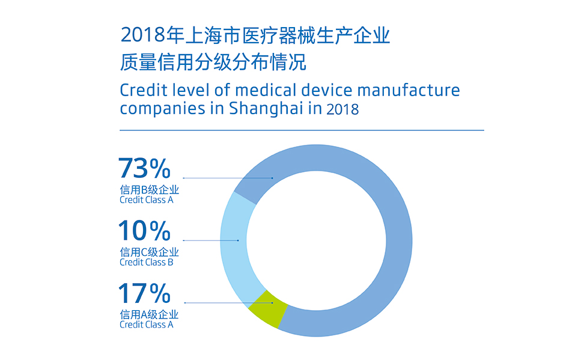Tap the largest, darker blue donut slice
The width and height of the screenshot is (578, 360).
(x=385, y=240)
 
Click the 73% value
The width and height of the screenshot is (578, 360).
(x=145, y=169)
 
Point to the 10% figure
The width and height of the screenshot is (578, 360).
(x=145, y=231)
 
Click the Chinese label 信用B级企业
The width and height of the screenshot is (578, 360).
(x=149, y=190)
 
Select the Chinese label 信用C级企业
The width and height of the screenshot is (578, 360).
(x=149, y=252)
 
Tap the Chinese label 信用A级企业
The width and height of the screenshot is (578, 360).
(x=149, y=314)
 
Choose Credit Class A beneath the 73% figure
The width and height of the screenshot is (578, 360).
(x=147, y=200)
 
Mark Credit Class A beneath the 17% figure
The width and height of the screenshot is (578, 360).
(x=147, y=325)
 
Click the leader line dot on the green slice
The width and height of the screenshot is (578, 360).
(x=272, y=302)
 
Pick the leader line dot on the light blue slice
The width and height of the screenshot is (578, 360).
(x=238, y=240)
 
